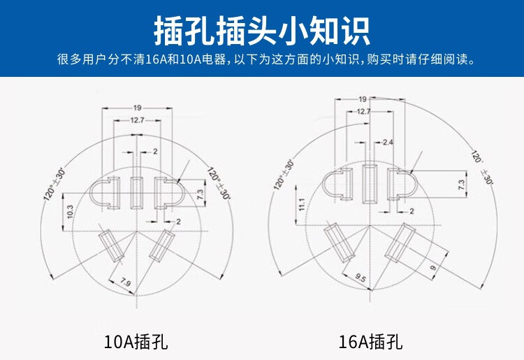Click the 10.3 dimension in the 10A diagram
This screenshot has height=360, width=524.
tap(70, 211)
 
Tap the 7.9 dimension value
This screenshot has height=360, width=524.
tap(125, 282)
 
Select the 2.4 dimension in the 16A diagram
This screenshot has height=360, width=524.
tap(388, 143)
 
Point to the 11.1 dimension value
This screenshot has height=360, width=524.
tap(302, 204)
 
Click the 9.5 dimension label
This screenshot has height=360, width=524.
tap(361, 277)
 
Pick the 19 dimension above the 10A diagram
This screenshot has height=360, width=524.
tap(138, 108)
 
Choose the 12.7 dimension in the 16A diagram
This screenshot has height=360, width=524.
tap(363, 111)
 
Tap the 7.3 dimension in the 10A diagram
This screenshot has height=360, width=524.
tap(200, 194)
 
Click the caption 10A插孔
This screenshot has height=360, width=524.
tap(136, 342)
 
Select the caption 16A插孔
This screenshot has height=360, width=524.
tap(370, 342)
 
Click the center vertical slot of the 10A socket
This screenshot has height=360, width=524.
tap(136, 193)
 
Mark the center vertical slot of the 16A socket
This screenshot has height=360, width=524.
tap(370, 183)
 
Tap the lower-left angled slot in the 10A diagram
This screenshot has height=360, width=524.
tap(111, 245)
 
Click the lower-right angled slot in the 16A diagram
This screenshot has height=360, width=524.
tap(400, 243)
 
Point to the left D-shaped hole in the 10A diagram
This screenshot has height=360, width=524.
tap(105, 193)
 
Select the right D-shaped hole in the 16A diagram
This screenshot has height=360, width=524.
tap(402, 184)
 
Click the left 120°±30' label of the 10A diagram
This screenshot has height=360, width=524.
tap(54, 185)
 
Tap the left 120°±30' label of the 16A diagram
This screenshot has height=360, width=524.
tap(284, 175)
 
